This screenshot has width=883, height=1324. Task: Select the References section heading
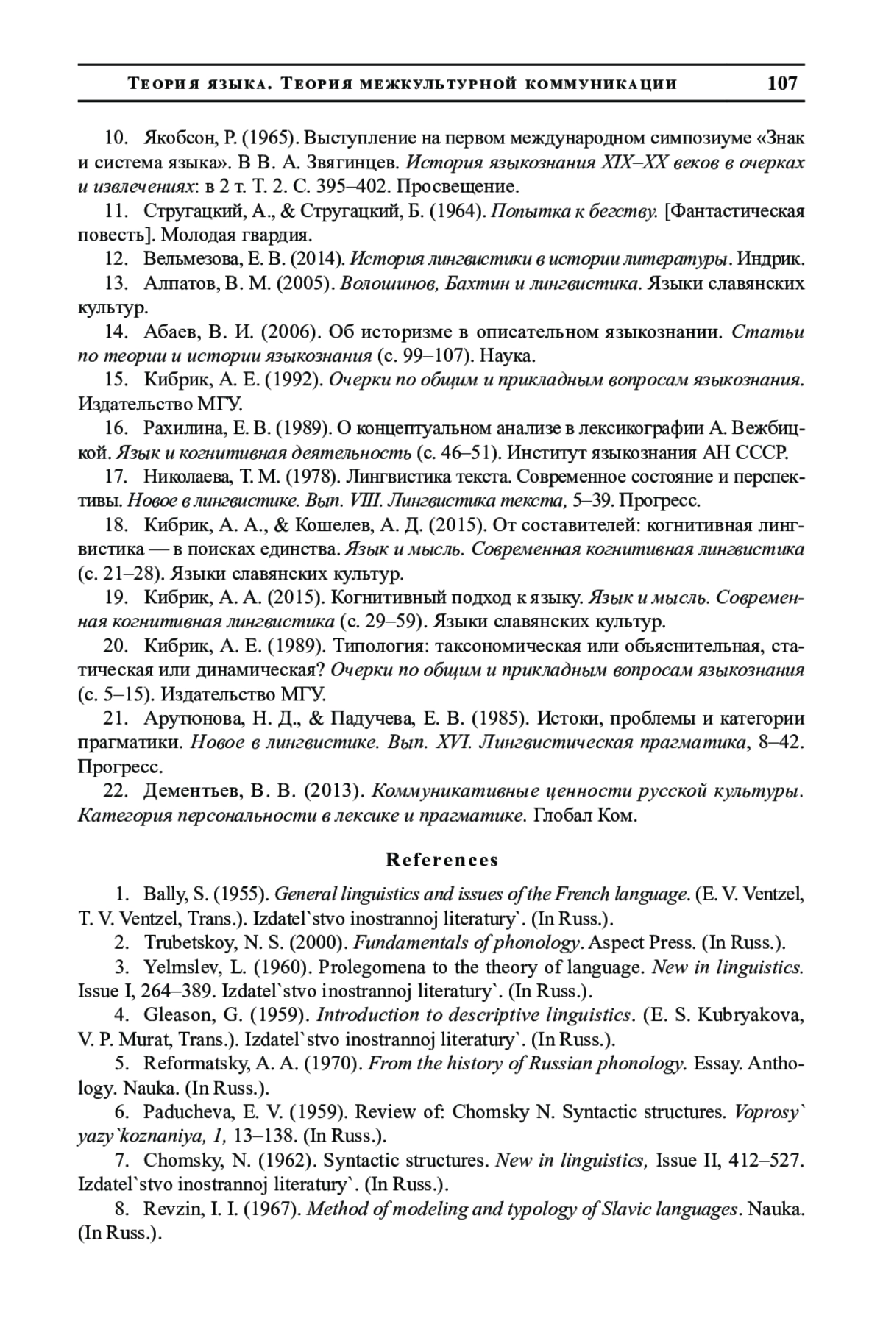tap(441, 860)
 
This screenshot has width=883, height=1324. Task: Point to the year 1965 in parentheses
tap(269, 138)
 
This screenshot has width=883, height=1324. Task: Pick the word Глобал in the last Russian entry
tap(561, 816)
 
